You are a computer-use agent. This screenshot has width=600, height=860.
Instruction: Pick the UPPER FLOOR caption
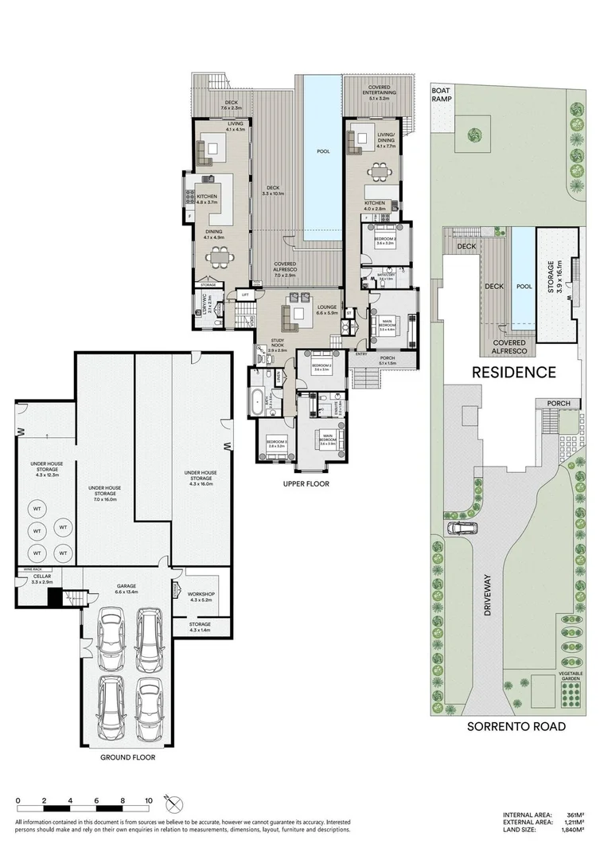pyautogui.click(x=306, y=484)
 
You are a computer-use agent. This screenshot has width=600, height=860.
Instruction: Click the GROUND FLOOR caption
pyautogui.click(x=127, y=758)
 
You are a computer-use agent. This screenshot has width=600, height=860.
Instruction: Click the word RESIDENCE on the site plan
pyautogui.click(x=513, y=372)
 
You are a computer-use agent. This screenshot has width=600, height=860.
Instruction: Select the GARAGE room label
pyautogui.click(x=127, y=588)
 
